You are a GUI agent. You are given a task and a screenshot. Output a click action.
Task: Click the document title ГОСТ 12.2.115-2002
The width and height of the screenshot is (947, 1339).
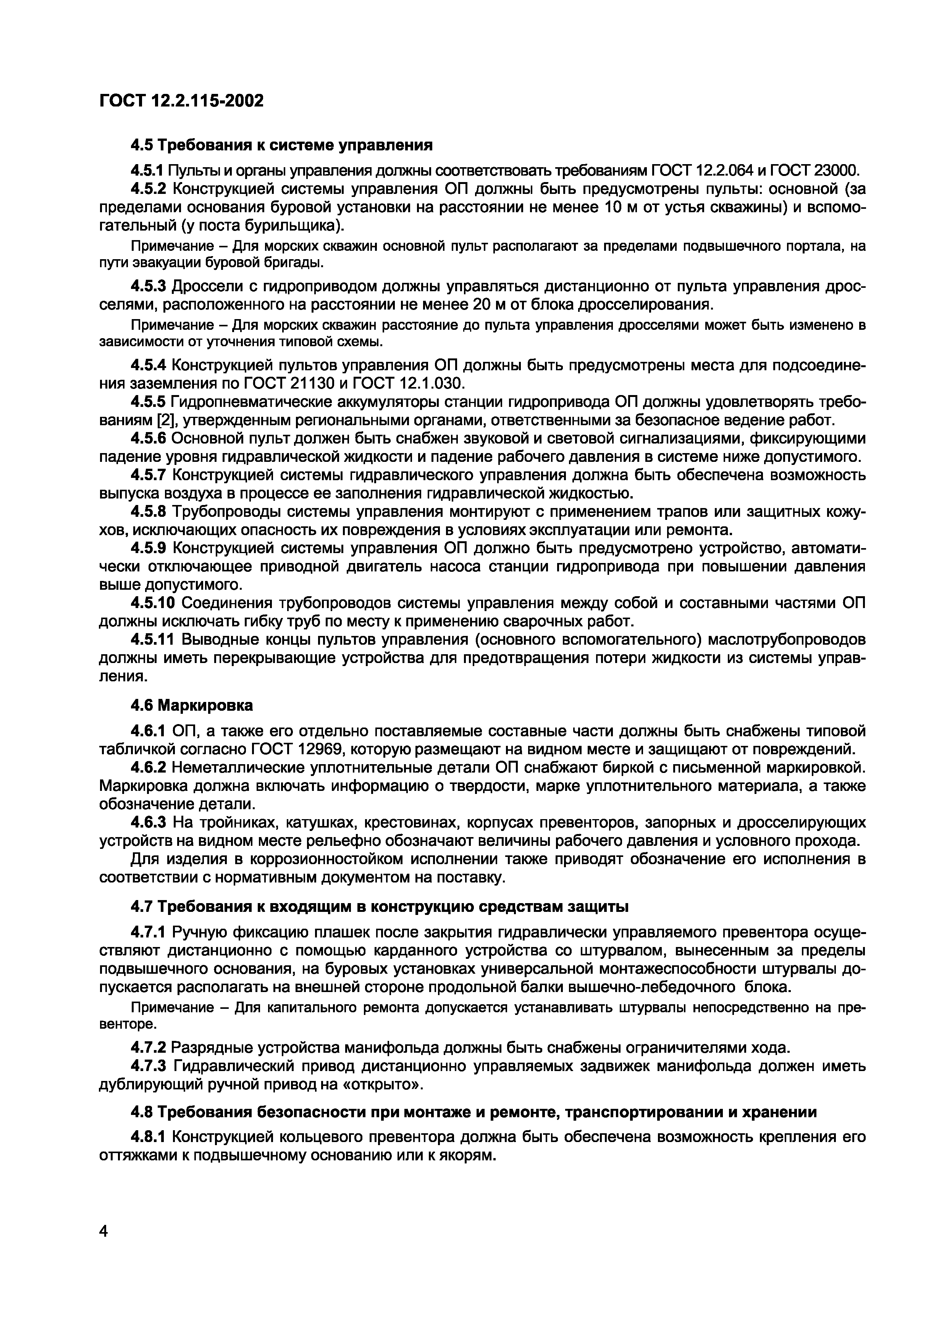[181, 101]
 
